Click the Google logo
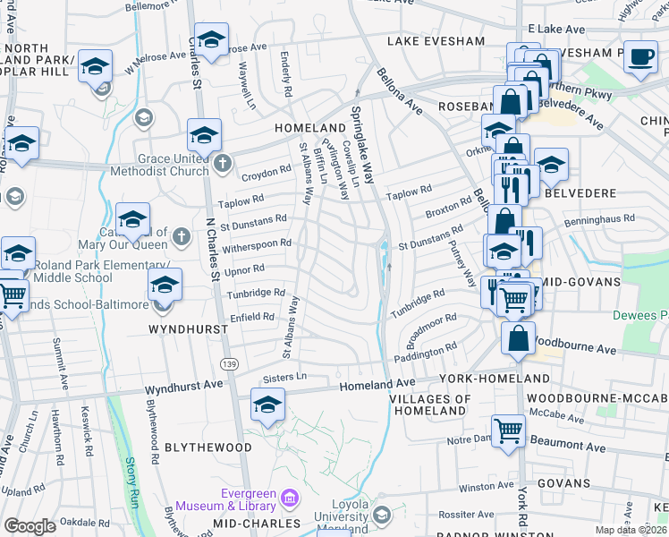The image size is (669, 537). [30, 527]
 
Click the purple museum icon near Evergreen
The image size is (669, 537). [289, 498]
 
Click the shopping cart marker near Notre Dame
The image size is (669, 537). [508, 430]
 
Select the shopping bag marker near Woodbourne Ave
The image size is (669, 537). [519, 339]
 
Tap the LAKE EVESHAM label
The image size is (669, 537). [435, 41]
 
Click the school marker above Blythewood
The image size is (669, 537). [267, 405]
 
